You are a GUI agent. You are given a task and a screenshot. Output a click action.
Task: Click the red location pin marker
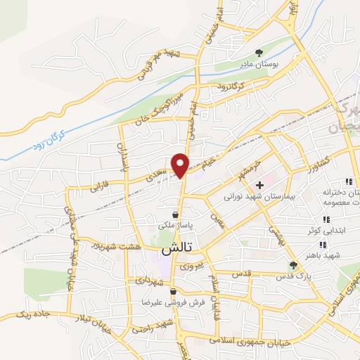(x=181, y=165)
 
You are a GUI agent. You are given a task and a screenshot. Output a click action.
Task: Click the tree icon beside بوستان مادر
(x=259, y=53)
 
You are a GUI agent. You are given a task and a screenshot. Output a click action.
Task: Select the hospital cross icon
(x=259, y=185)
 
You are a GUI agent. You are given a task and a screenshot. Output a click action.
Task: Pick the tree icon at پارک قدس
(x=294, y=264)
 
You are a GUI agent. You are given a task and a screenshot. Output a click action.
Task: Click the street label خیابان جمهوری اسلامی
(x=251, y=341)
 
